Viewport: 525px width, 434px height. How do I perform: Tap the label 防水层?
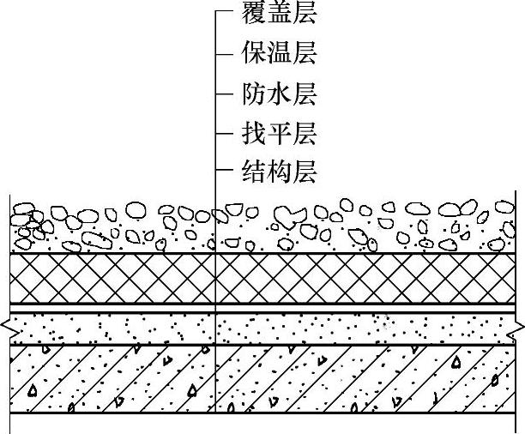click(x=280, y=93)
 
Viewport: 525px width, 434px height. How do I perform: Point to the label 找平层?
click(x=280, y=133)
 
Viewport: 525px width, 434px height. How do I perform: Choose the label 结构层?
click(x=280, y=172)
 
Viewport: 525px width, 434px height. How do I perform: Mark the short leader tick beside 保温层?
click(x=224, y=53)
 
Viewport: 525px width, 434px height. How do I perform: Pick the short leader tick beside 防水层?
click(x=224, y=93)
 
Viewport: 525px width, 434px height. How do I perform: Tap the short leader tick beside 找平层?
click(x=224, y=134)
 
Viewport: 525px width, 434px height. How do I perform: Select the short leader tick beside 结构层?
click(x=224, y=173)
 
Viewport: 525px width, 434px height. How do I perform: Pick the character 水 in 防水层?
click(x=280, y=93)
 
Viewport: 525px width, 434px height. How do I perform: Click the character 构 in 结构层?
click(x=280, y=172)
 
